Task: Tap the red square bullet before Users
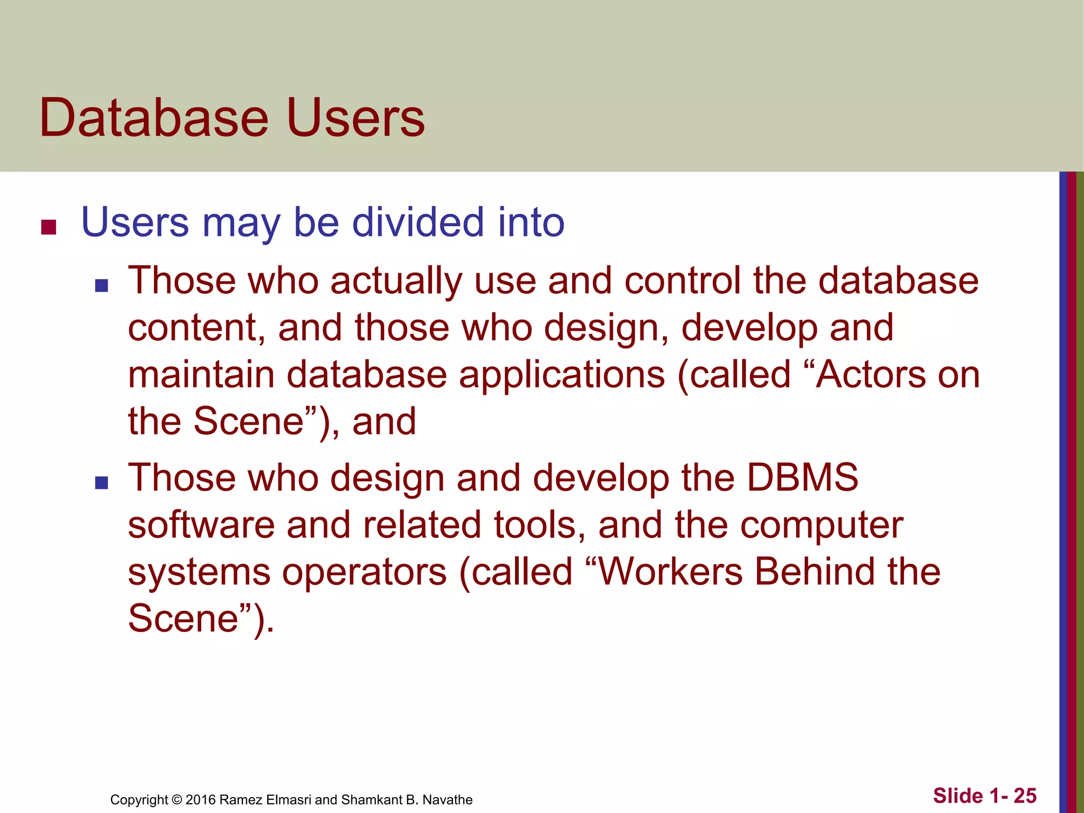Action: click(49, 227)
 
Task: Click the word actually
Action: click(396, 282)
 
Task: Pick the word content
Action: click(196, 328)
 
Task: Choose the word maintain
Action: click(201, 375)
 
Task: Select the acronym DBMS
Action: click(802, 478)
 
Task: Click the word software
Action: click(201, 525)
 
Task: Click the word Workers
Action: click(670, 572)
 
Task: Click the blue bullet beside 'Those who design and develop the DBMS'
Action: click(101, 483)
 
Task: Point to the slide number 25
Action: click(1025, 796)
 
